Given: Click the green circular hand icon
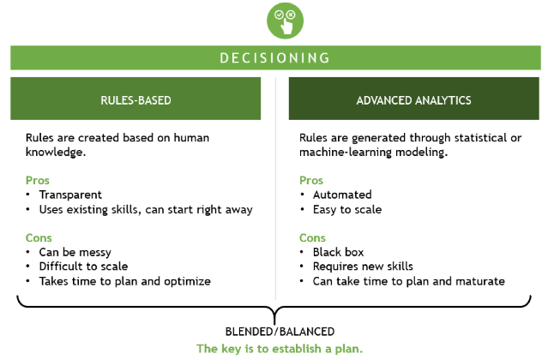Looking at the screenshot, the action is tap(285, 21).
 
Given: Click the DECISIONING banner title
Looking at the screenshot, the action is tap(275, 58).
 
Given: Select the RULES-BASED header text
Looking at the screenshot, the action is tap(135, 100).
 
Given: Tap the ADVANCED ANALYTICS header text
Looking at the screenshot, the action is tap(414, 100).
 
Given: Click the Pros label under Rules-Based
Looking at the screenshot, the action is tap(38, 181).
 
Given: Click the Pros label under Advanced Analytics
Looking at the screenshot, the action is tap(311, 181).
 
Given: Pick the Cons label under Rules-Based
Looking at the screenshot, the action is tap(39, 237).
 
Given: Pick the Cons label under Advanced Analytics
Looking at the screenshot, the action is tap(312, 237).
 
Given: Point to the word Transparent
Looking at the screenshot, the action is tap(70, 195).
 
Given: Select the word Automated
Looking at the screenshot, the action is tap(342, 195).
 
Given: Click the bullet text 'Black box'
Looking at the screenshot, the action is tap(338, 252).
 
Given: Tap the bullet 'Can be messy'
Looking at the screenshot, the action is tap(75, 253).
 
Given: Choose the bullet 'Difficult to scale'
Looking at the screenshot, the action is tap(83, 267).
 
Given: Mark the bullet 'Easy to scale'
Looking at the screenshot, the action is tap(347, 209).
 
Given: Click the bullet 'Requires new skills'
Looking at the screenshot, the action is tap(363, 267).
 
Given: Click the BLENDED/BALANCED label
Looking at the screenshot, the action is tap(280, 332).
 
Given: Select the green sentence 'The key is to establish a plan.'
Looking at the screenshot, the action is tap(280, 349).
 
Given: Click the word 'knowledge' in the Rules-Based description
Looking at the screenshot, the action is tap(55, 153).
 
